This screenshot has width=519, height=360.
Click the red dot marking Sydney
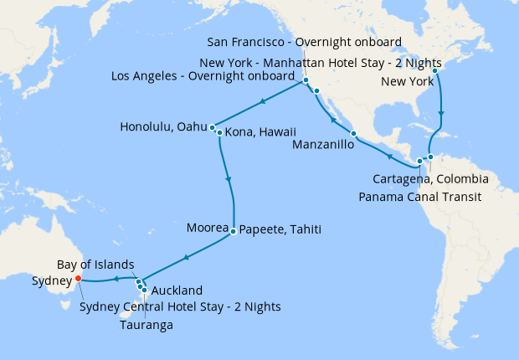click(x=78, y=279)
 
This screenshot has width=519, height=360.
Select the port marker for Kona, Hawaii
click(x=218, y=132)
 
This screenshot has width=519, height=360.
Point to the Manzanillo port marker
click(x=353, y=134)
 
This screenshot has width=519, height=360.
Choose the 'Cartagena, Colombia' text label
click(x=430, y=179)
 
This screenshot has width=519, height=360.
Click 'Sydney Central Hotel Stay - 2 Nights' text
click(x=180, y=306)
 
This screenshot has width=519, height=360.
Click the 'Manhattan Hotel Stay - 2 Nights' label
click(x=359, y=63)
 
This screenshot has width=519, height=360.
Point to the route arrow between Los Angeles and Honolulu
click(x=263, y=102)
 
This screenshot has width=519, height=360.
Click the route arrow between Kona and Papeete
click(x=229, y=179)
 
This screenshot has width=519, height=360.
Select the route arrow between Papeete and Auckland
click(x=185, y=256)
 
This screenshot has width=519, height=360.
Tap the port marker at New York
click(x=435, y=70)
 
